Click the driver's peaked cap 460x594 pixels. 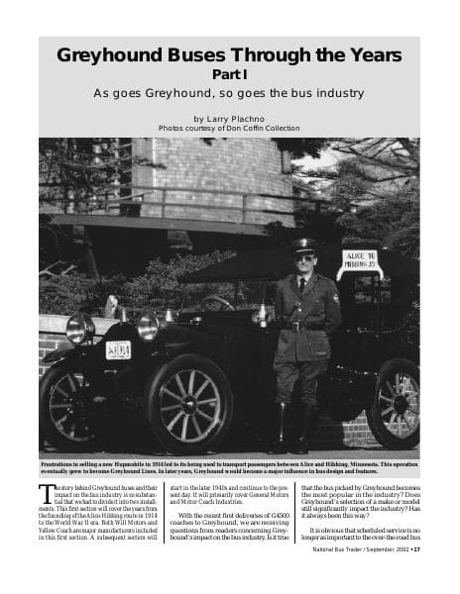[x=304, y=245]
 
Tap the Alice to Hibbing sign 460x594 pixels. [x=360, y=261]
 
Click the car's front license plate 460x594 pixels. [x=118, y=349]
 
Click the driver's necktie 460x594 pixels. [x=302, y=286]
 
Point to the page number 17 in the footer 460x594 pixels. [x=416, y=577]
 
